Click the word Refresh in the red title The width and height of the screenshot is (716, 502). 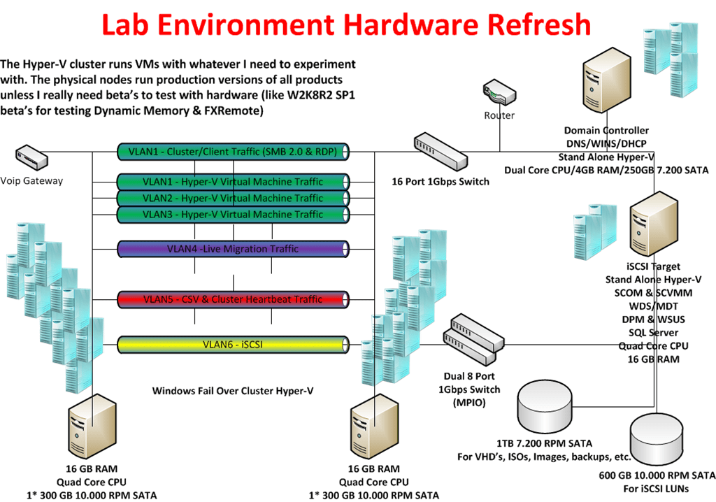coord(517,25)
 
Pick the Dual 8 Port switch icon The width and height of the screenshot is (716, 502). coord(473,334)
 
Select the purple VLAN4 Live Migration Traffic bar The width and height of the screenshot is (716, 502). coord(233,249)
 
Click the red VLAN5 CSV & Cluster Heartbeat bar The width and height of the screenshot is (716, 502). coord(233,299)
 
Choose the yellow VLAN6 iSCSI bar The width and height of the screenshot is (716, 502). coord(233,344)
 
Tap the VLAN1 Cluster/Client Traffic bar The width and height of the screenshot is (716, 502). coord(233,150)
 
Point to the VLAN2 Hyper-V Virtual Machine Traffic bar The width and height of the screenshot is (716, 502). coord(233,198)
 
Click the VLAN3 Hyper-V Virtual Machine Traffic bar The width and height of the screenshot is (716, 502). coord(233,214)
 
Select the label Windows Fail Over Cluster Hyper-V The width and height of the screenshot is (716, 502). coord(233,391)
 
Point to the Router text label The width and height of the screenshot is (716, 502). coord(499,115)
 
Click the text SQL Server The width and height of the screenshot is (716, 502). coord(653,333)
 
